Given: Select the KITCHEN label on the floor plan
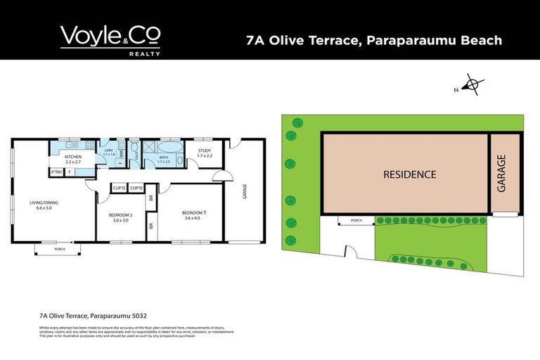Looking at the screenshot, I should point(74,156).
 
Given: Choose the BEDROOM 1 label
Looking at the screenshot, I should point(195,212).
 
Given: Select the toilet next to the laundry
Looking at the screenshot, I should point(134,150).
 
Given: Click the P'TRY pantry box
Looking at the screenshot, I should point(56,172).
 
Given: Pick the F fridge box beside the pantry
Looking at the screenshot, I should point(69,172).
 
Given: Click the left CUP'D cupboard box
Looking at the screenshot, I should point(119,188).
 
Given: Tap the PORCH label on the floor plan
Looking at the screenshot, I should point(59,248).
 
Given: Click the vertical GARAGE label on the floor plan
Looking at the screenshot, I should point(245,191).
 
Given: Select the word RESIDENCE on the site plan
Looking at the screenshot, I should point(410,174).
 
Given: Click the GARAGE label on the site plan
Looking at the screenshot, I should point(501,174).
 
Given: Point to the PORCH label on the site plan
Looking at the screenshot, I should point(356,221).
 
